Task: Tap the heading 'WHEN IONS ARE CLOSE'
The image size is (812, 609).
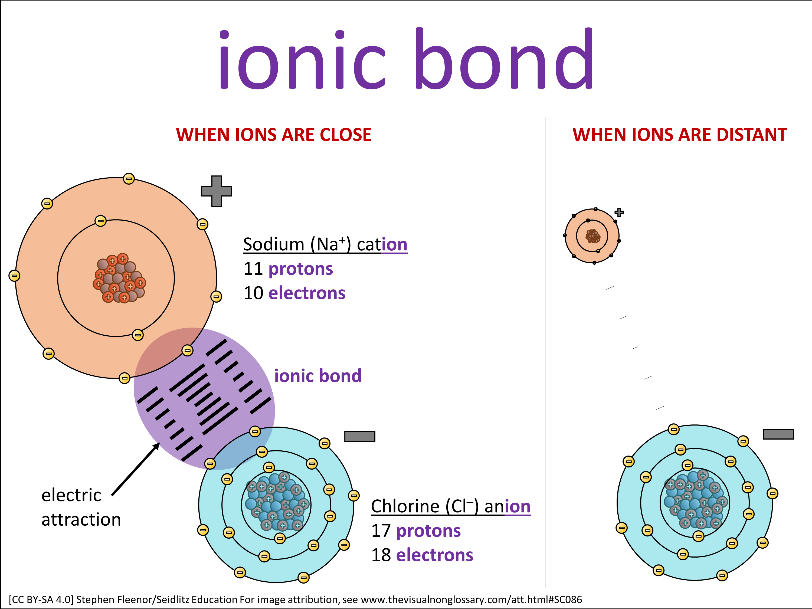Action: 273,135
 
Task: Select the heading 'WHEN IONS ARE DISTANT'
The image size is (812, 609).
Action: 679,135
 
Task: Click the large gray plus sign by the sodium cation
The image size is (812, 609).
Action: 217,191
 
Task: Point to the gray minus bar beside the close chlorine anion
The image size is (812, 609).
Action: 360,436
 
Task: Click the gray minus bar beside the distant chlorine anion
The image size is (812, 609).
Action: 778,434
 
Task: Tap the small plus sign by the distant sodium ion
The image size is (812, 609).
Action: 619,212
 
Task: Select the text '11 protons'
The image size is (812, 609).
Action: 288,269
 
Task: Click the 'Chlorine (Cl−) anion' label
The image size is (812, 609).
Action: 451,507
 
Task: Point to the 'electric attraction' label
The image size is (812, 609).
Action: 81,507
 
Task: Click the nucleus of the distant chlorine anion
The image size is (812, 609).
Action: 695,499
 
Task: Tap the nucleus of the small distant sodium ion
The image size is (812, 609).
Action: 592,236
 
